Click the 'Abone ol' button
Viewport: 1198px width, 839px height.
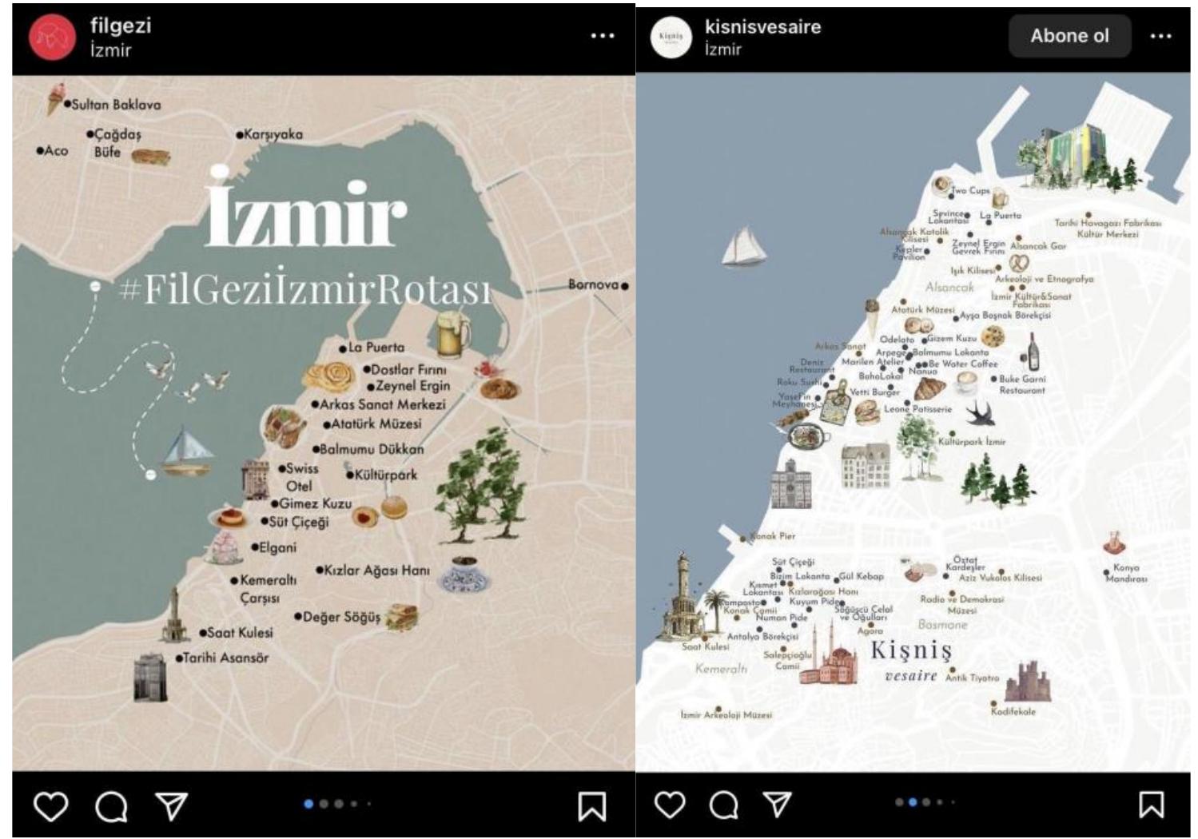pos(1069,36)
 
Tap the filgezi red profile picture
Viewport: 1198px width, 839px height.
pos(52,37)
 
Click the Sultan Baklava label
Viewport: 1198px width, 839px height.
pos(116,105)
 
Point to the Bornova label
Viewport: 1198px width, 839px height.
pos(594,284)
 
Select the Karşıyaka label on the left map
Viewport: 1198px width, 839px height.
pos(273,134)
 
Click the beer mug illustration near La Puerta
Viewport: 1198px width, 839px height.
pos(452,333)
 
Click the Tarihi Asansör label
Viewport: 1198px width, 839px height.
pos(225,658)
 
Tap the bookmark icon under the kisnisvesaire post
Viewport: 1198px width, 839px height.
pos(1151,805)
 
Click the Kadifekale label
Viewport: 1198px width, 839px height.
pos(1013,711)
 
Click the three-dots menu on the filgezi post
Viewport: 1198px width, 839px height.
pos(602,36)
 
